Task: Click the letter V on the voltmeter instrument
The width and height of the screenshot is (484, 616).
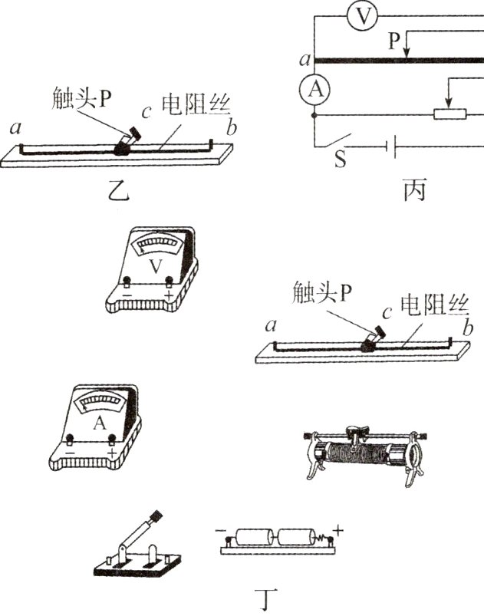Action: (x=156, y=266)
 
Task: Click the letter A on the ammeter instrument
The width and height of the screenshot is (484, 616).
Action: (x=100, y=423)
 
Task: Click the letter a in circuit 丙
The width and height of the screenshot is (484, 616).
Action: (x=305, y=59)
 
